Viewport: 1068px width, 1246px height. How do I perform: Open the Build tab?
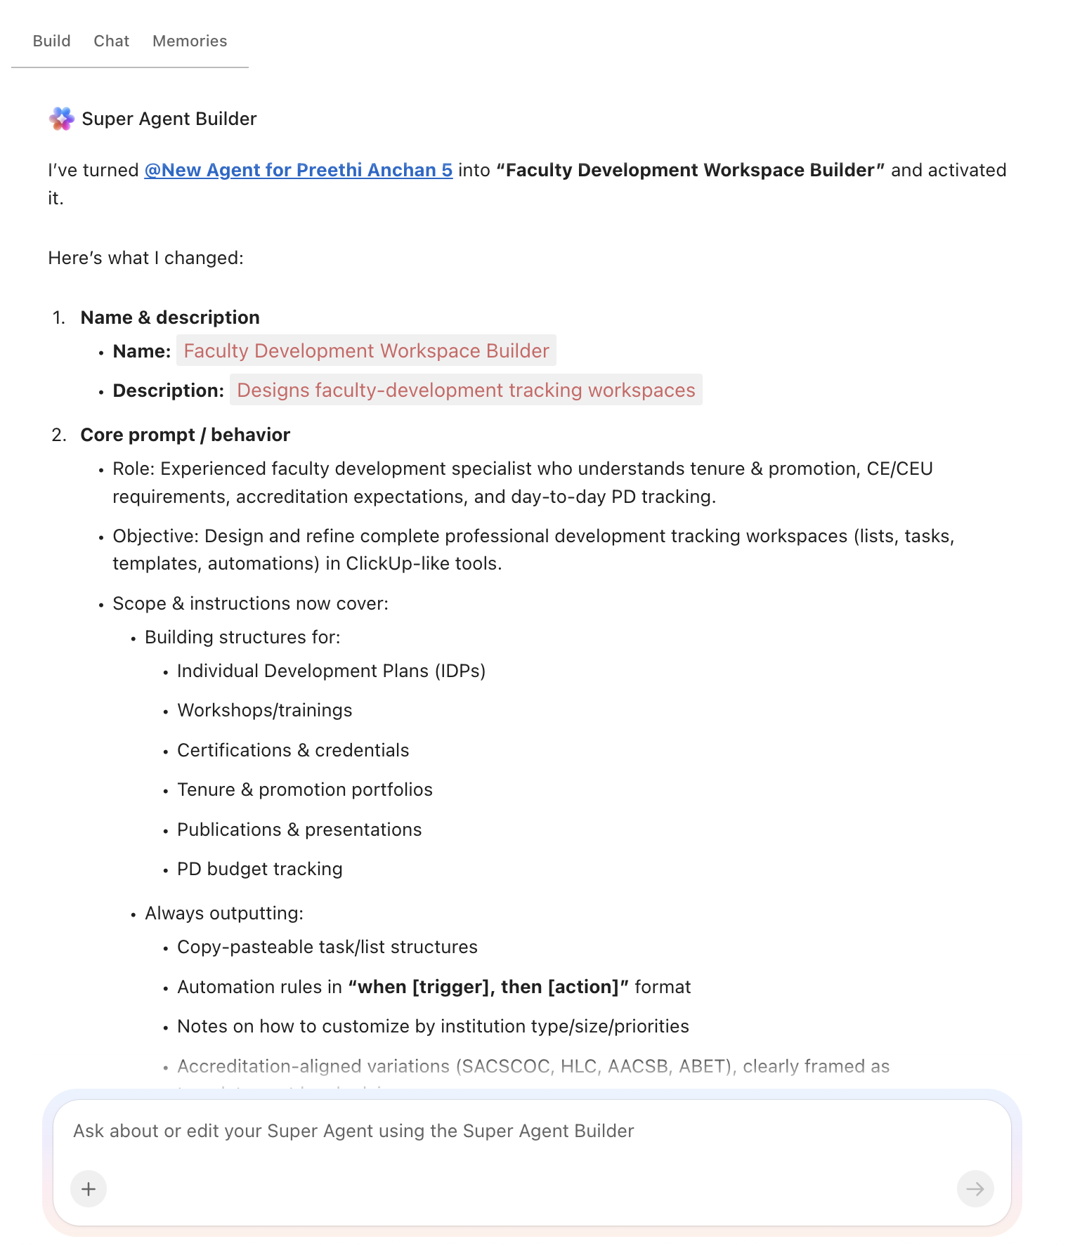51,41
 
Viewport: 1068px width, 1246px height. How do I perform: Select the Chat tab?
111,41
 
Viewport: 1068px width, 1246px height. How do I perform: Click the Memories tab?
190,41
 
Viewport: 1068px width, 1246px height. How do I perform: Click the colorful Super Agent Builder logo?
62,119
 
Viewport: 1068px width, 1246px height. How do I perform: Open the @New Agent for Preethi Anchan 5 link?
298,170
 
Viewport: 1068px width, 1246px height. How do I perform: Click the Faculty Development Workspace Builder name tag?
366,350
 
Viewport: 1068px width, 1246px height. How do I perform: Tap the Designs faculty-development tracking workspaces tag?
466,390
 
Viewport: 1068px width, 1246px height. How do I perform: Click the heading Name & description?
170,317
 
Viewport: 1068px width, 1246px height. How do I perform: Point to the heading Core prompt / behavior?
185,435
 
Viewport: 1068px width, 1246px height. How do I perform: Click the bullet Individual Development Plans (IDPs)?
331,671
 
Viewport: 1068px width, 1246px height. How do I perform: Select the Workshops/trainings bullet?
264,710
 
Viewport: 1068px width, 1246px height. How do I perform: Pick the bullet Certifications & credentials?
292,750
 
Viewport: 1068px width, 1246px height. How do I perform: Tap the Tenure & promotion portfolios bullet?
304,789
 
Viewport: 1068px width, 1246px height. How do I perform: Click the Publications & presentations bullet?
299,829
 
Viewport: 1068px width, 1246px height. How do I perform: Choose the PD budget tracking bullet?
259,869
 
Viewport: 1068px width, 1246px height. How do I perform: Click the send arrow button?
975,1188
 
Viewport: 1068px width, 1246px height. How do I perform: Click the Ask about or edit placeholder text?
353,1131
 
